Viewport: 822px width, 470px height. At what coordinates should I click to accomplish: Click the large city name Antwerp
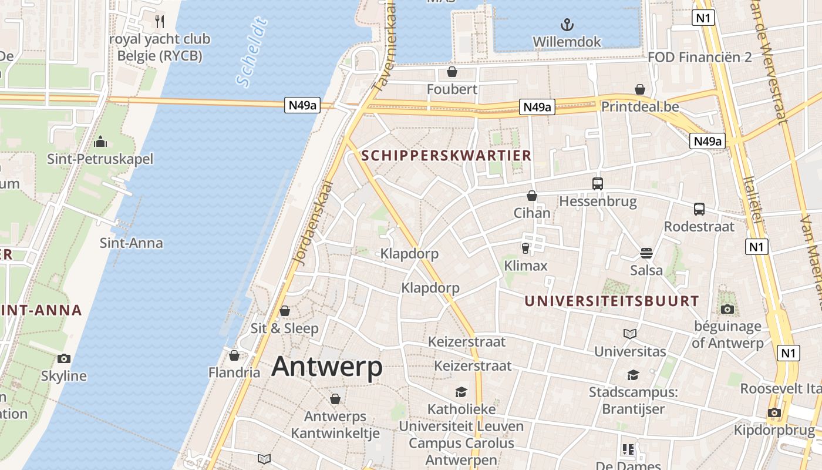pos(327,367)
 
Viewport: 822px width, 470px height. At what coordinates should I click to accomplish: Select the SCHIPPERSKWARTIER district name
pos(447,156)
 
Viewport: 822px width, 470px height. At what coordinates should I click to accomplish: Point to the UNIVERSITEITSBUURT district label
pos(611,301)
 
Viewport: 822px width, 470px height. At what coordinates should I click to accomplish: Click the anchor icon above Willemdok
pos(567,25)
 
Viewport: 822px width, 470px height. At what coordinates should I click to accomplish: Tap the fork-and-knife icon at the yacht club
pos(160,22)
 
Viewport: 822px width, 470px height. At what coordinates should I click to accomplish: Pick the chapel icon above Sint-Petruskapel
pos(100,142)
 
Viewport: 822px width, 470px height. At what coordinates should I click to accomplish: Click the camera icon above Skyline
pos(64,358)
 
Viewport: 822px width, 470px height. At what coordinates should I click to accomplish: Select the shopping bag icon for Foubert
pos(452,72)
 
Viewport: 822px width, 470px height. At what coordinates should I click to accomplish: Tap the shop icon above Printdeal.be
pos(640,89)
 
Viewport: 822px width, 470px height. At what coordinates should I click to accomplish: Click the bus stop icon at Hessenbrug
pos(598,183)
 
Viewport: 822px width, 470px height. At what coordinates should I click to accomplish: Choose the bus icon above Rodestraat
pos(699,209)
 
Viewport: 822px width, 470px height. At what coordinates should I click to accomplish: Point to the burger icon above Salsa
pos(646,253)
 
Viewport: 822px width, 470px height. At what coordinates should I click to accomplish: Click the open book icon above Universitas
pos(630,334)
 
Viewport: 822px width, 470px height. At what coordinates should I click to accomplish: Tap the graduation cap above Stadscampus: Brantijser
pos(633,375)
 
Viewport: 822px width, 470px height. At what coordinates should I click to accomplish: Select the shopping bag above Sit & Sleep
pos(285,310)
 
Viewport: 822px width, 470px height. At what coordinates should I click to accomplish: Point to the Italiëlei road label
pos(752,200)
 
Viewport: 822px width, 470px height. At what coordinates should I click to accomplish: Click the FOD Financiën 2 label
pos(700,57)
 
